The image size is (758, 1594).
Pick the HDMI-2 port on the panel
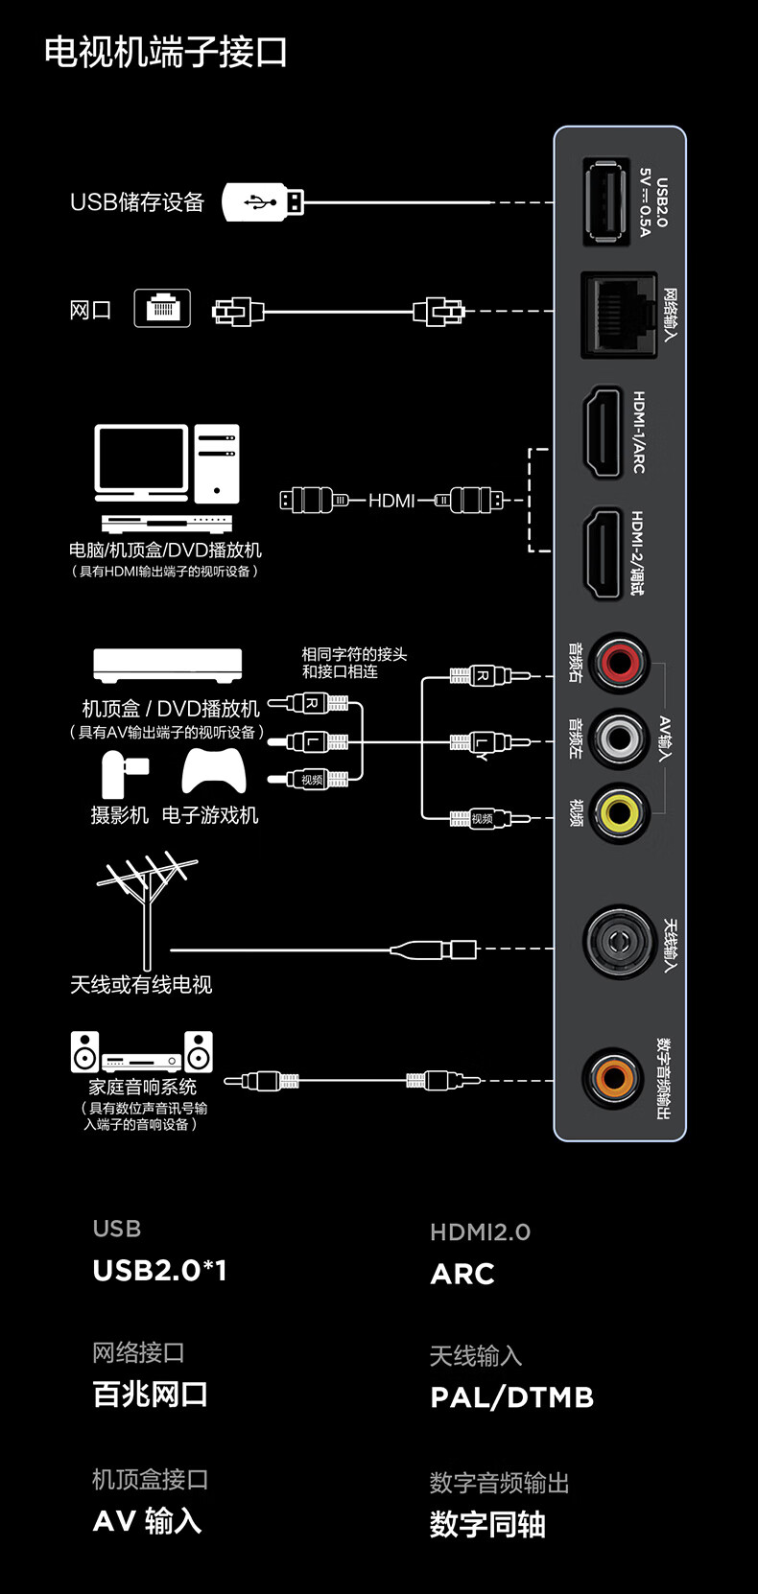click(604, 553)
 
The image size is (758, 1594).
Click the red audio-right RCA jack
click(619, 662)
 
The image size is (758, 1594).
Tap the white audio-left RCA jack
click(619, 738)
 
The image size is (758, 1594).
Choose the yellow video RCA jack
click(619, 813)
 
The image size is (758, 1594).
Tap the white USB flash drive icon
click(263, 202)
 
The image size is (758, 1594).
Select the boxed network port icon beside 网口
click(162, 308)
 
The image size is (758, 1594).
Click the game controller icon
click(214, 771)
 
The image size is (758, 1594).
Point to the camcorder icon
click(123, 774)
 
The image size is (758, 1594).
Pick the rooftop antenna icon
click(147, 906)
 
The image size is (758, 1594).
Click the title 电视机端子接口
click(166, 52)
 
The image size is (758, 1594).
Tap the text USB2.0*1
click(159, 1271)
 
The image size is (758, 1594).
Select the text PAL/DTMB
click(511, 1397)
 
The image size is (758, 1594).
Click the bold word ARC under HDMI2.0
click(462, 1274)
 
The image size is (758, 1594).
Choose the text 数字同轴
click(487, 1524)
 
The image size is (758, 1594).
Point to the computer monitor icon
click(141, 461)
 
